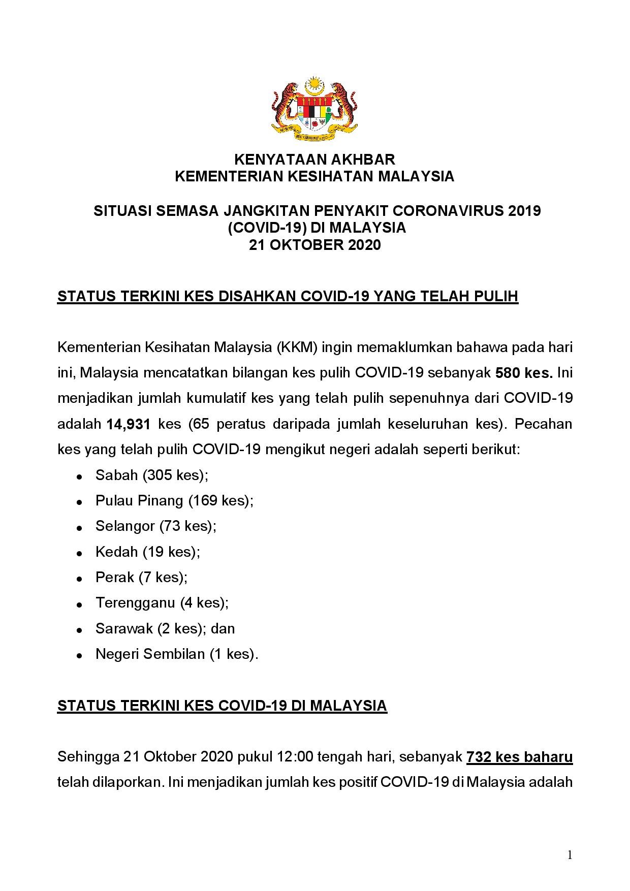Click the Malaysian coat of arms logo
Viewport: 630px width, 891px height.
click(314, 109)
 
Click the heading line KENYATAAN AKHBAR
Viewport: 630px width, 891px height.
click(314, 160)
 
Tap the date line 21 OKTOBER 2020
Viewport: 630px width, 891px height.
click(314, 245)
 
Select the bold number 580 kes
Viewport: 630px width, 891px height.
click(524, 373)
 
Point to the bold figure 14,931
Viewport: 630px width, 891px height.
click(129, 424)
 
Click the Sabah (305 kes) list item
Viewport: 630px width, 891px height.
click(152, 475)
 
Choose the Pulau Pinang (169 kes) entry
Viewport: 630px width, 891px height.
click(174, 501)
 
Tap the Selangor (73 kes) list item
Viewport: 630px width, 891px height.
click(155, 526)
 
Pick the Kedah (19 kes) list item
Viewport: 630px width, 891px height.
click(147, 552)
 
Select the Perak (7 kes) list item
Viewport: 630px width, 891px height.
click(141, 578)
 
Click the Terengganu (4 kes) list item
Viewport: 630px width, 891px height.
click(162, 603)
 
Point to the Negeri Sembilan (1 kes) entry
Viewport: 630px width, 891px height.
click(177, 654)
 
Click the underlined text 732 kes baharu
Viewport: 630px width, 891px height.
click(519, 757)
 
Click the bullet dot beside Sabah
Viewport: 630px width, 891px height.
click(79, 477)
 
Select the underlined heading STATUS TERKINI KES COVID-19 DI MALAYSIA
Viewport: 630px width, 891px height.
click(222, 706)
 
